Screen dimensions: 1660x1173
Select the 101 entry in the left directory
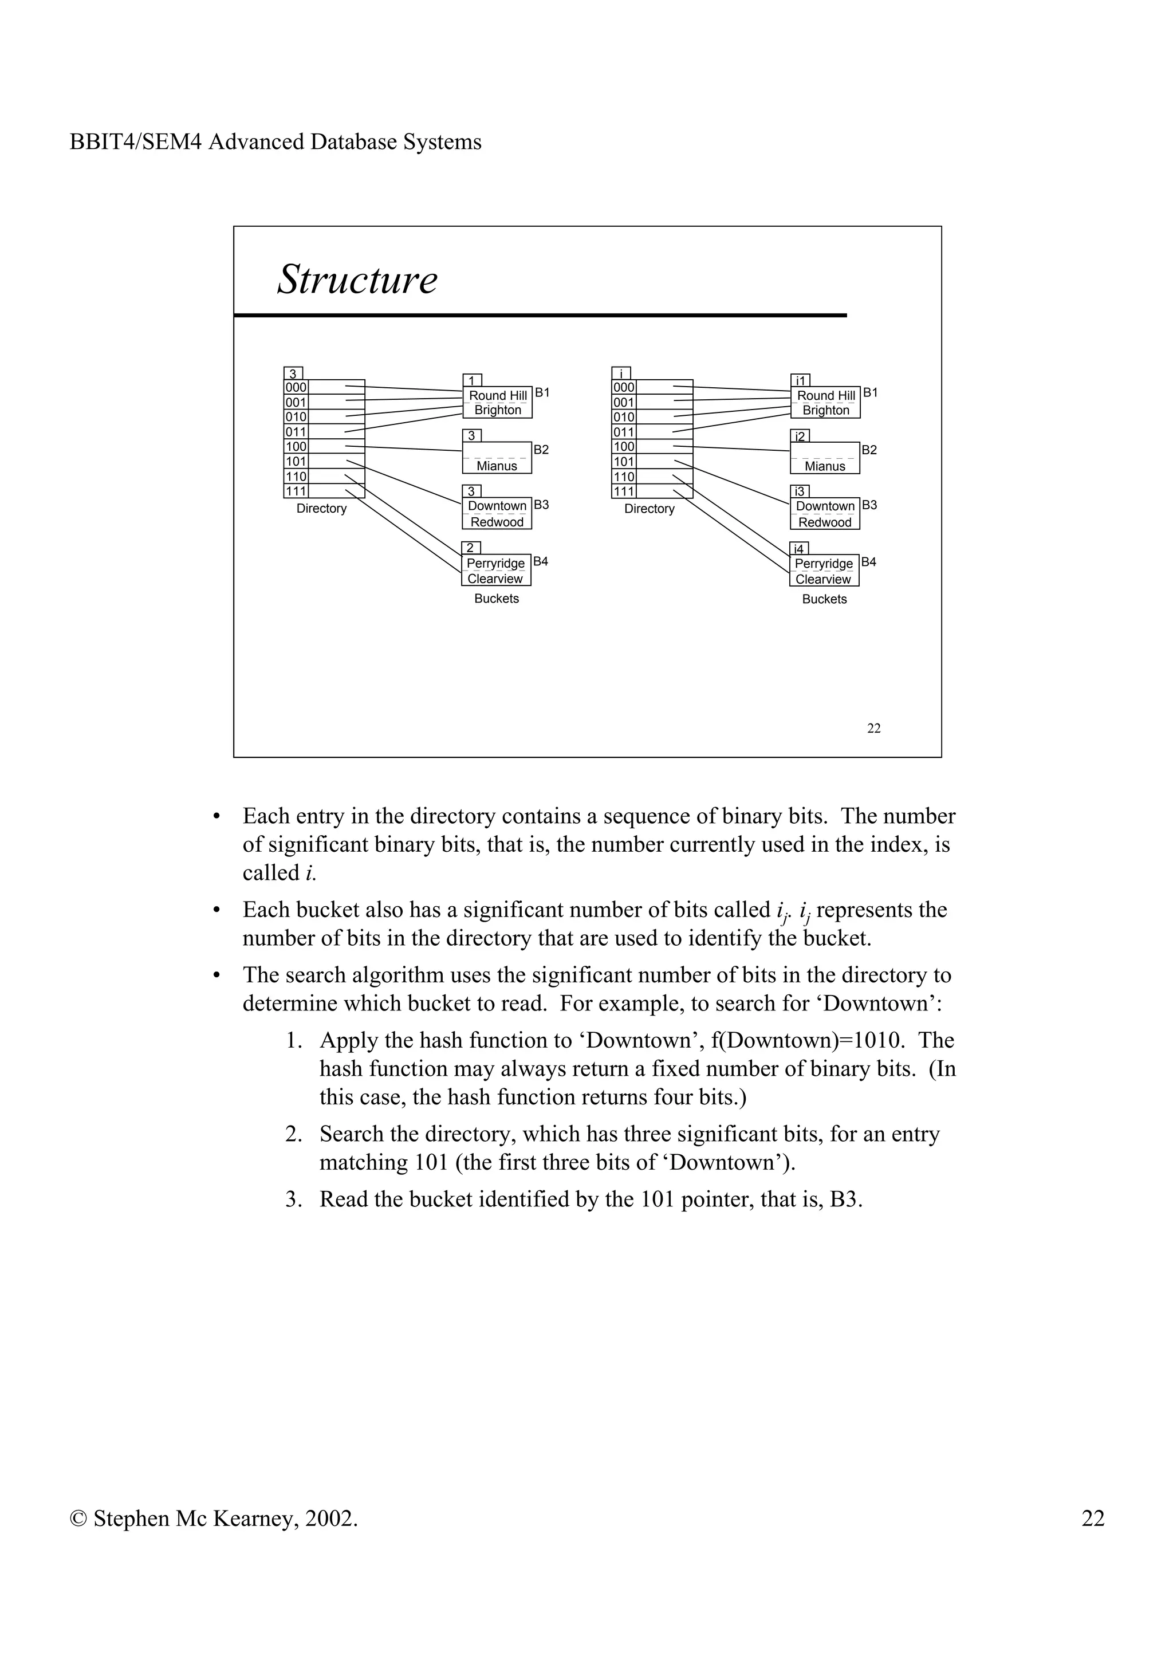click(296, 461)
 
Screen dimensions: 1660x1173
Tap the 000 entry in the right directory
click(624, 388)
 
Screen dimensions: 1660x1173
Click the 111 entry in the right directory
click(624, 491)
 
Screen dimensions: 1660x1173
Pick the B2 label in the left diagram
click(541, 450)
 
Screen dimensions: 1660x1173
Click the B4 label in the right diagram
click(869, 562)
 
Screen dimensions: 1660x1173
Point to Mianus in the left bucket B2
click(497, 466)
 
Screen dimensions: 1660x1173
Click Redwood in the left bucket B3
click(497, 522)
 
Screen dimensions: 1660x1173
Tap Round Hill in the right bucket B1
click(825, 395)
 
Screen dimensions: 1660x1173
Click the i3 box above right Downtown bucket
click(800, 491)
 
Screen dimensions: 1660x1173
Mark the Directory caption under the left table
click(322, 509)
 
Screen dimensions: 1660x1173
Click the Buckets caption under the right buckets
click(824, 599)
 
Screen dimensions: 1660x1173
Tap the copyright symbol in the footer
click(77, 1519)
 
